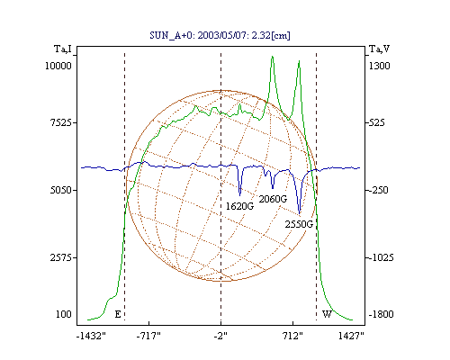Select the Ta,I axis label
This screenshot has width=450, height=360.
click(63, 49)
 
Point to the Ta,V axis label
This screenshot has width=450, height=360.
click(379, 49)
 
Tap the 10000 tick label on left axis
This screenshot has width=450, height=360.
click(58, 66)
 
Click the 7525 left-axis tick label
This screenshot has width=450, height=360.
click(61, 122)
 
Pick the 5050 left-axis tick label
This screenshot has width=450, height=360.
click(61, 190)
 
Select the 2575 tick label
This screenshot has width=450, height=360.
click(61, 257)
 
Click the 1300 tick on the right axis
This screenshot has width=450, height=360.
click(379, 66)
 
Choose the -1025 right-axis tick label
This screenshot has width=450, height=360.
click(381, 257)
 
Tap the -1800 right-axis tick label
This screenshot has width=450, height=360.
click(381, 314)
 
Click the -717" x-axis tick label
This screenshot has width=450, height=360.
click(148, 337)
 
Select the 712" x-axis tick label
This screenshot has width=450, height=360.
click(293, 337)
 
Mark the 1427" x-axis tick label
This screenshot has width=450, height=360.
click(351, 337)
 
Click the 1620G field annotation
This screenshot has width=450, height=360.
click(239, 206)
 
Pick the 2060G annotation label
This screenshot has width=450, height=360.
click(273, 199)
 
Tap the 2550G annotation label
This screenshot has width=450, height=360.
click(299, 224)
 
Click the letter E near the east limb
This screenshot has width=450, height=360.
click(118, 314)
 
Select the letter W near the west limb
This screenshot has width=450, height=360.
click(327, 314)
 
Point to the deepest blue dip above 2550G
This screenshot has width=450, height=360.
click(300, 213)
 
